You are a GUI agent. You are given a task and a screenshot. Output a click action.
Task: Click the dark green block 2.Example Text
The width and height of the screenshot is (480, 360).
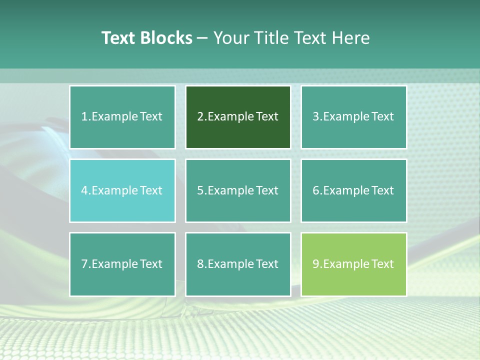(x=238, y=117)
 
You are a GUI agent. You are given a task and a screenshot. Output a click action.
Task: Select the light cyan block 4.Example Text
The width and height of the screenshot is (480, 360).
(x=122, y=190)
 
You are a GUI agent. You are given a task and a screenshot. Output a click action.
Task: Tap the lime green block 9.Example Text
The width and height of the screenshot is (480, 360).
(x=353, y=264)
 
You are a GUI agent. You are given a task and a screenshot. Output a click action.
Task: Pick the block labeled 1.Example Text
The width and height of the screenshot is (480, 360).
(x=122, y=117)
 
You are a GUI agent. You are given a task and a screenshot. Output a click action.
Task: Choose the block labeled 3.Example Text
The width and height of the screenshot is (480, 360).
(x=353, y=117)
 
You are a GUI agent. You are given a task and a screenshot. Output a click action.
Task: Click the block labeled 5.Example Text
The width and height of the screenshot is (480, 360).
(x=238, y=190)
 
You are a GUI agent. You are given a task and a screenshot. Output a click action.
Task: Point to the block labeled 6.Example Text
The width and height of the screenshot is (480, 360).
(x=353, y=190)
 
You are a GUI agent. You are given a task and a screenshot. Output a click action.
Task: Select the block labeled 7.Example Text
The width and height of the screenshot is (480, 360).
(x=122, y=264)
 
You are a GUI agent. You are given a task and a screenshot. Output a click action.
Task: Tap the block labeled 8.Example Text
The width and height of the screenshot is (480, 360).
(x=238, y=264)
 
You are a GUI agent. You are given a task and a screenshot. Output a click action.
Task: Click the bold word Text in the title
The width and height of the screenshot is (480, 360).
(x=118, y=38)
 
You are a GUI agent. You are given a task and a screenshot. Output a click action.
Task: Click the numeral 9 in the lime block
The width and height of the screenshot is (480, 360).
(x=316, y=264)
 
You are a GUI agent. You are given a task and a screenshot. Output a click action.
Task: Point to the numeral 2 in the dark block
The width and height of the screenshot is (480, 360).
(x=200, y=117)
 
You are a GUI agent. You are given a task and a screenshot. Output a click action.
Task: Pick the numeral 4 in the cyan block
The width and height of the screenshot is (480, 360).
(x=84, y=190)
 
